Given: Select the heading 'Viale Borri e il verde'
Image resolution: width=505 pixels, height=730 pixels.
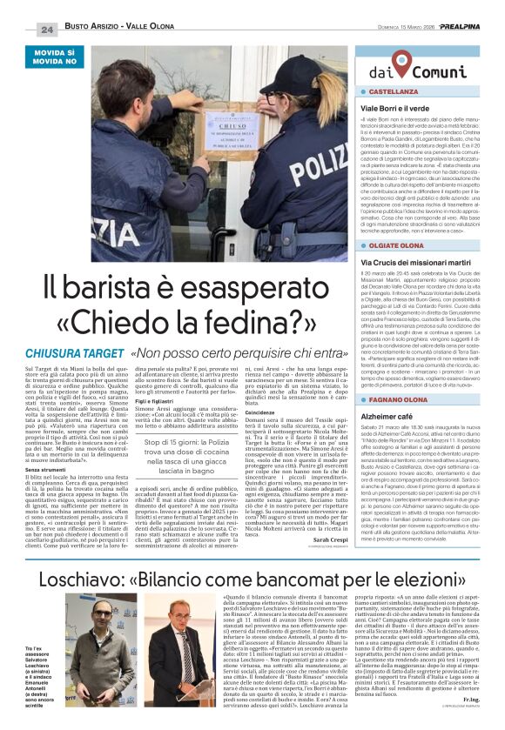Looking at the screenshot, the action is tap(400, 105).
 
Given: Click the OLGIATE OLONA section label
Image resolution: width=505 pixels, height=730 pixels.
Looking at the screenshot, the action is tap(404, 246).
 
